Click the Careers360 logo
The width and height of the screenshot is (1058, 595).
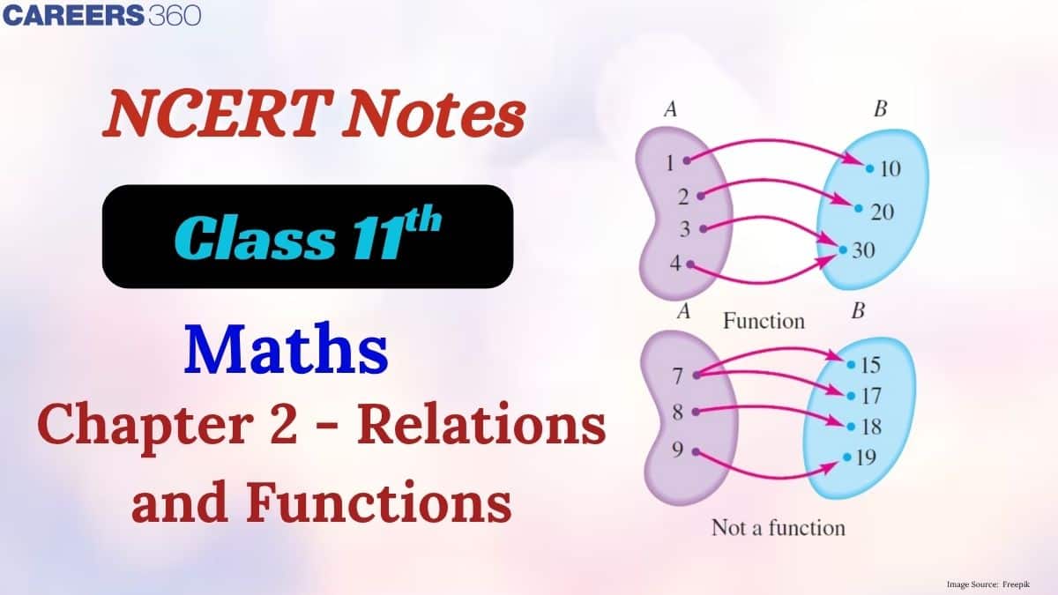(x=101, y=15)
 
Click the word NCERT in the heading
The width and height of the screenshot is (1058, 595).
(x=216, y=114)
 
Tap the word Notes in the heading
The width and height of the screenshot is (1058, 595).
(x=435, y=114)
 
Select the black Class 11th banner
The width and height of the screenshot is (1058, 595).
(x=308, y=236)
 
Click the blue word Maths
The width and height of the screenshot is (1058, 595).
(x=287, y=349)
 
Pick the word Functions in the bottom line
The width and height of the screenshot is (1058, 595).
(x=378, y=502)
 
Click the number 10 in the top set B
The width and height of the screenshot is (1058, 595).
(x=890, y=168)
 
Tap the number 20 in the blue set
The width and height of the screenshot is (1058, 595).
(x=883, y=212)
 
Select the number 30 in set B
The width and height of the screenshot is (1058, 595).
(x=863, y=250)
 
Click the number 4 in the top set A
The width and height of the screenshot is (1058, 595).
(x=675, y=264)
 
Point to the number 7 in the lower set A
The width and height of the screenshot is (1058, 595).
(x=678, y=376)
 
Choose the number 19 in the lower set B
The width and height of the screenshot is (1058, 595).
(x=866, y=457)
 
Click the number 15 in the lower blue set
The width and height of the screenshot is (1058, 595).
(x=870, y=365)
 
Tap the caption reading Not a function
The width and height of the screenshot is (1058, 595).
(x=779, y=527)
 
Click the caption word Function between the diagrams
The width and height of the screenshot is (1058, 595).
(x=764, y=321)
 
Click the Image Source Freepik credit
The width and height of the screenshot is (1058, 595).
(x=988, y=584)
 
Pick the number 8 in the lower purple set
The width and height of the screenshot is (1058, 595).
(x=678, y=413)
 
